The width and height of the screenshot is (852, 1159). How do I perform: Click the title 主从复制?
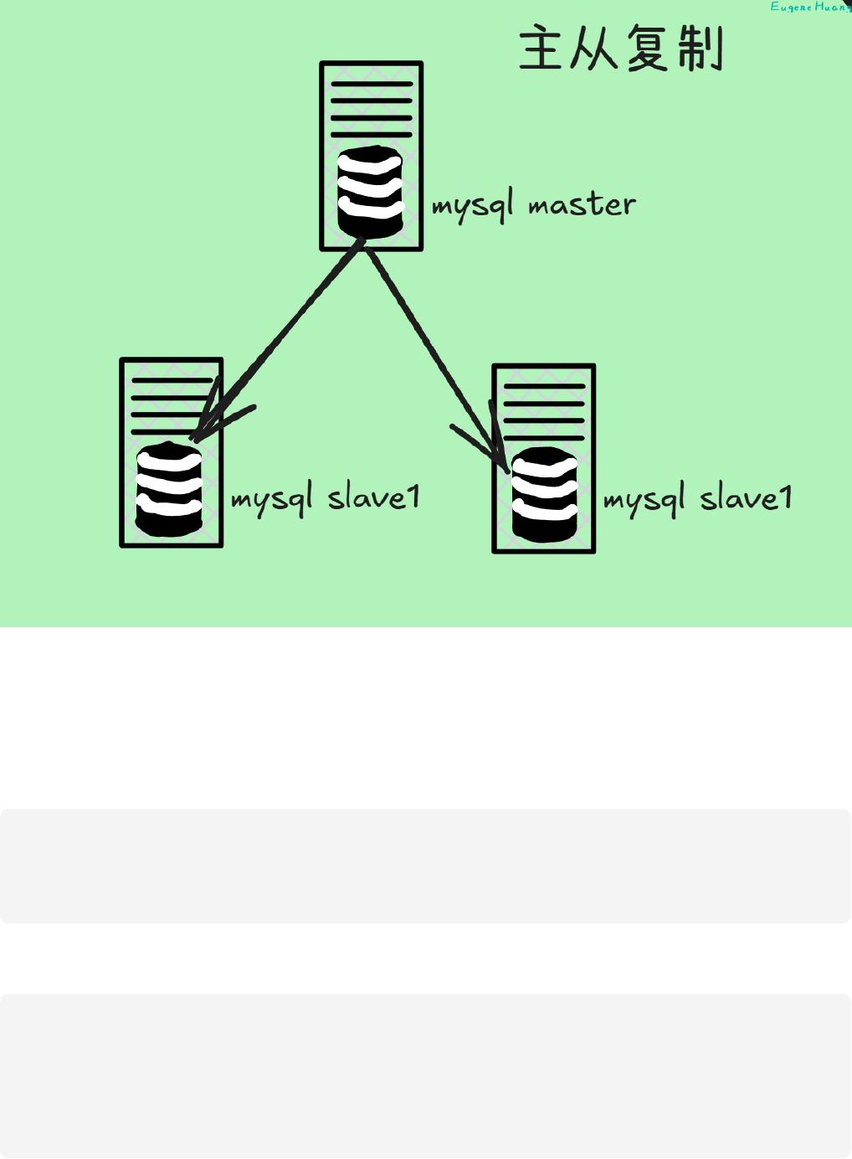point(620,49)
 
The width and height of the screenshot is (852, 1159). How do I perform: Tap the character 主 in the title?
point(541,49)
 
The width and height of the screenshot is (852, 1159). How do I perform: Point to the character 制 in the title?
point(701,49)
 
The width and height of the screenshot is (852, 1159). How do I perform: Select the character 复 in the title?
point(647,49)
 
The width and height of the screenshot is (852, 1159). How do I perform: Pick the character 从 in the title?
point(593,49)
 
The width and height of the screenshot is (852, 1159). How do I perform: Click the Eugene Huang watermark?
point(809,8)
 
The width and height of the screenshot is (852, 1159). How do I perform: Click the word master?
point(582,205)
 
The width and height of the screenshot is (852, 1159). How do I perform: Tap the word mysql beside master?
point(472,206)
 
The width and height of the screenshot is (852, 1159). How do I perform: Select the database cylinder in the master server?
point(370,193)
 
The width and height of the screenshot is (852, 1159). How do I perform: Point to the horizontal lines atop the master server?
point(372,109)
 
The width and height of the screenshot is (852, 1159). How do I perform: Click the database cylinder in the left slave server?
point(169,490)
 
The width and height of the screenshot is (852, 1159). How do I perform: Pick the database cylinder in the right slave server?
point(544,494)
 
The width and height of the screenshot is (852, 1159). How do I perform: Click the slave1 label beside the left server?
point(373,497)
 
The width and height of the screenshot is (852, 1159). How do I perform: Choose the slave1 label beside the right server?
point(746,498)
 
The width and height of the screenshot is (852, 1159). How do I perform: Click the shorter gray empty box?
point(425,866)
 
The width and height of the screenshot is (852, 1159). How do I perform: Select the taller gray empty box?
point(425,1075)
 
